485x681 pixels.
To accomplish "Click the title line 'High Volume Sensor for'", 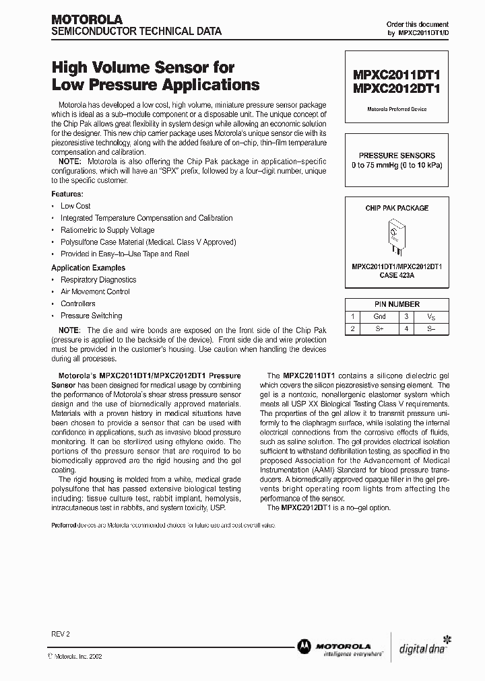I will [x=143, y=68].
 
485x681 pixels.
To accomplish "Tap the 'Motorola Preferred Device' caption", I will [x=396, y=109].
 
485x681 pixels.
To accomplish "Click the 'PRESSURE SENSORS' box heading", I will [x=396, y=155].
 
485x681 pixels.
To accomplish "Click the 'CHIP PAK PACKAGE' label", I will [x=396, y=208].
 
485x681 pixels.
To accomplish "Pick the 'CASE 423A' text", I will [x=396, y=275].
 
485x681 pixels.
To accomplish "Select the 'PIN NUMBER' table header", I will [x=396, y=304].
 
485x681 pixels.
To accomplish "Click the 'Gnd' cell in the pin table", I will [x=379, y=316].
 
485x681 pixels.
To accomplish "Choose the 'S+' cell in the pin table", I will [x=379, y=329].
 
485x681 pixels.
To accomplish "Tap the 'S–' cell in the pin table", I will [x=431, y=329].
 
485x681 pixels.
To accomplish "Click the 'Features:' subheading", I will [x=67, y=194].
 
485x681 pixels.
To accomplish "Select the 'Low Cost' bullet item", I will [x=75, y=206].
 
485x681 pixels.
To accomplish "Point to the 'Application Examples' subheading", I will [x=88, y=268].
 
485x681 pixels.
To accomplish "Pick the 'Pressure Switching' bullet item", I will [x=91, y=316].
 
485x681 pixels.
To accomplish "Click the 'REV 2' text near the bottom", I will [x=60, y=634].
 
